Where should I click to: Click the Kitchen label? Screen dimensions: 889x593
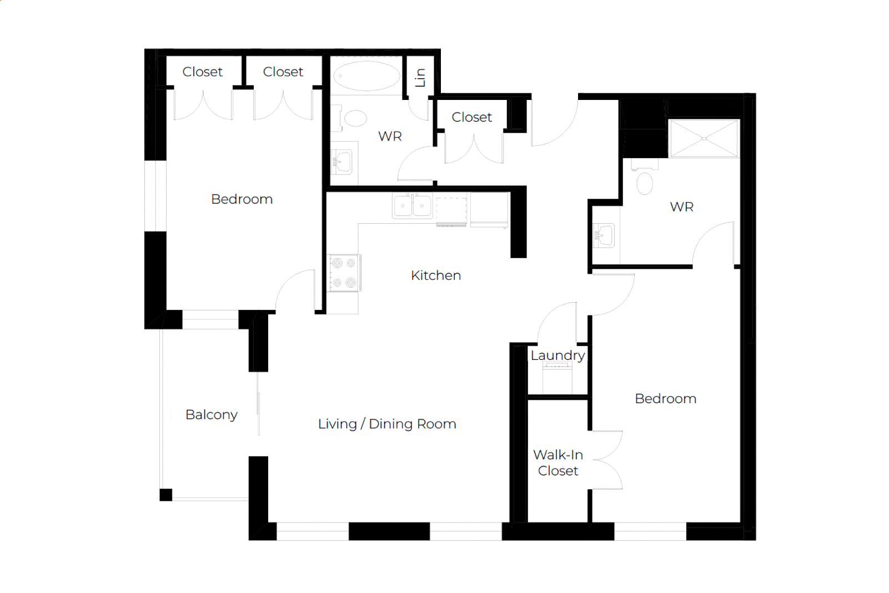coord(436,275)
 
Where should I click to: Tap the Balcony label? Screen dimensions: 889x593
coord(212,415)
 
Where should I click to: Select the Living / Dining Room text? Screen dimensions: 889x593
coord(387,424)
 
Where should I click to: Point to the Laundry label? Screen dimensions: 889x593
coord(557,356)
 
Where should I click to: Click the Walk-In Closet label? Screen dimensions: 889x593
coord(558,463)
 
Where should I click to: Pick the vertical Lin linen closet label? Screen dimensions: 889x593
coord(420,78)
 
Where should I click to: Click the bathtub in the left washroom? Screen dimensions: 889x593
coord(366,76)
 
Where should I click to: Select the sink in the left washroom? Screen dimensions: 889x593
coord(341,162)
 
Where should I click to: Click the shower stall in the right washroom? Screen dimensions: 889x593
coord(704,138)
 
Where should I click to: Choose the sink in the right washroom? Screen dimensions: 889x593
coord(604,235)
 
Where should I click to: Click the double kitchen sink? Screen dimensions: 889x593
coord(413,205)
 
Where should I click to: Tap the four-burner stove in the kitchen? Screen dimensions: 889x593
coord(344,273)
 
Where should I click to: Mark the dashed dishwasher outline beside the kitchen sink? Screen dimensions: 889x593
coord(451,212)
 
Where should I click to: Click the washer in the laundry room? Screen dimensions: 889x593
coord(557,379)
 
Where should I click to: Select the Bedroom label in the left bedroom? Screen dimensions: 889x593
coord(242,199)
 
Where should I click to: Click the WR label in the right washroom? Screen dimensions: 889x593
coord(681,207)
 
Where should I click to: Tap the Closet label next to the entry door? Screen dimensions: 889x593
coord(471,117)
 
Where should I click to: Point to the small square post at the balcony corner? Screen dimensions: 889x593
coord(166,495)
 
